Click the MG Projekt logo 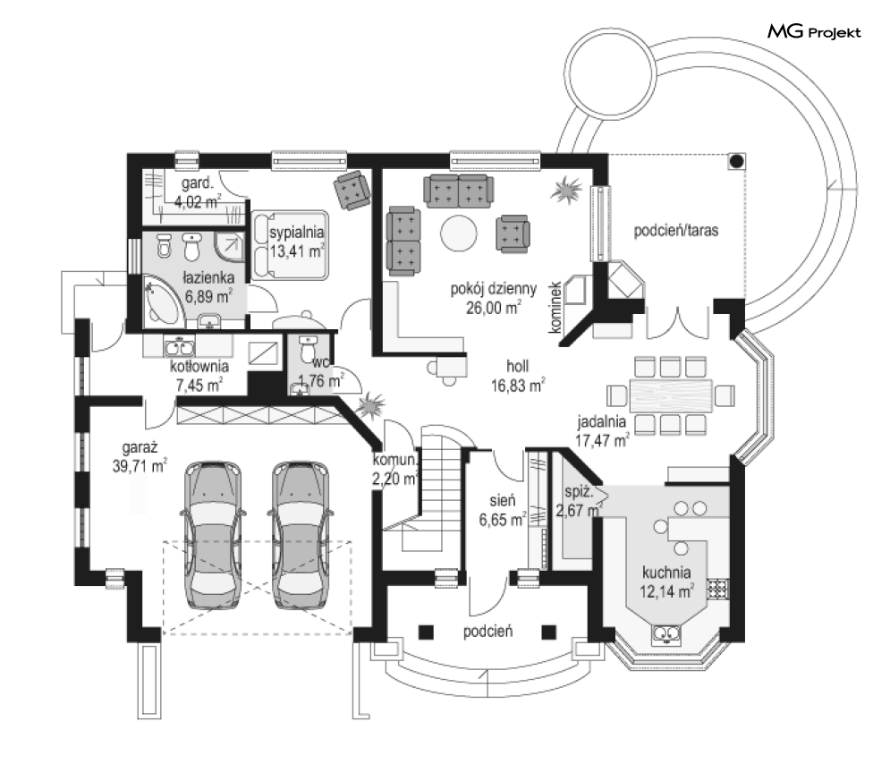814,33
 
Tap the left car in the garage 214,534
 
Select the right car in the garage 301,534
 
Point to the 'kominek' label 555,306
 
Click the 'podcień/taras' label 677,230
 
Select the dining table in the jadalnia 671,395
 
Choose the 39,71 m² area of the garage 139,465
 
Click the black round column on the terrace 735,162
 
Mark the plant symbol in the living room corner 566,191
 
